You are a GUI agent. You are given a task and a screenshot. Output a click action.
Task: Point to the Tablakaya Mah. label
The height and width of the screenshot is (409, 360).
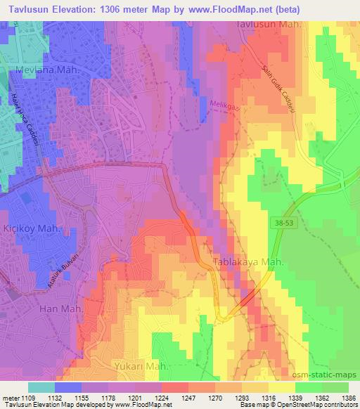248,261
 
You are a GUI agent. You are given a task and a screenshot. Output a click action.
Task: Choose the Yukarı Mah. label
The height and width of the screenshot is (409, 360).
141,366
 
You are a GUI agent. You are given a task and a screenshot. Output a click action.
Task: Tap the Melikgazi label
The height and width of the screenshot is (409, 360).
222,103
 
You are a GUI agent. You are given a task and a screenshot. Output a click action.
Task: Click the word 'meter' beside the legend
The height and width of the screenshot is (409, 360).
11,398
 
